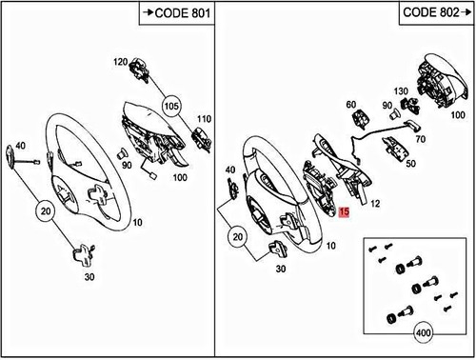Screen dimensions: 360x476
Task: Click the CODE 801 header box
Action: (x=176, y=13)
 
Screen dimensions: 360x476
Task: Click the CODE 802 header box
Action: (x=435, y=13)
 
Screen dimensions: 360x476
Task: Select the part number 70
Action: (x=420, y=138)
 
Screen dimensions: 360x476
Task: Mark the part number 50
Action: (x=410, y=163)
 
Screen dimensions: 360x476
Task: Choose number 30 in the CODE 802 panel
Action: (x=282, y=269)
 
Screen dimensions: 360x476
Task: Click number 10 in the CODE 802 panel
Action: (x=330, y=246)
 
